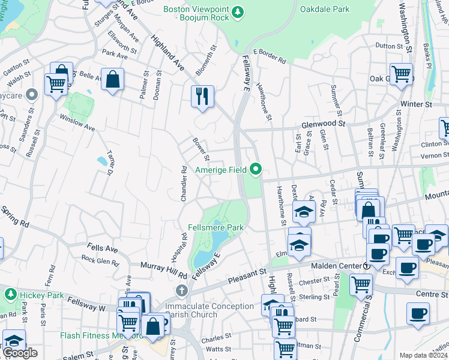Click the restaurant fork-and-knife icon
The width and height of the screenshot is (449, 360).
[202, 95]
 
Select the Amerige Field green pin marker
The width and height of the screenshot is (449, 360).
[256, 170]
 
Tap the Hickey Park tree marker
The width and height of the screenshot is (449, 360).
[10, 295]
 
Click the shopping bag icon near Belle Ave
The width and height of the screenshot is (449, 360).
[112, 79]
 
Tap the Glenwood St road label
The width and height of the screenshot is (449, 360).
[324, 124]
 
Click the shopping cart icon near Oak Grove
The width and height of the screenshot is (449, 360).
[401, 74]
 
